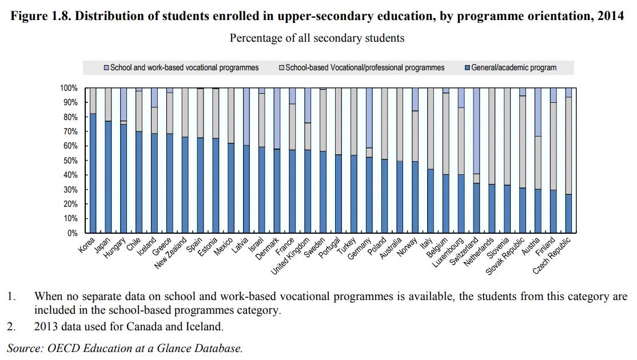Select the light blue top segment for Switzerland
pyautogui.click(x=476, y=130)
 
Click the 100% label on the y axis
pyautogui.click(x=69, y=88)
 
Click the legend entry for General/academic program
pyautogui.click(x=513, y=67)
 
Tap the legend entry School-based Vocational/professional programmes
pyautogui.click(x=364, y=67)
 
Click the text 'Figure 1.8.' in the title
pyautogui.click(x=41, y=16)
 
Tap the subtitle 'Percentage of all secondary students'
pyautogui.click(x=317, y=38)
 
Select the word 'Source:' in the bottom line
pyautogui.click(x=23, y=348)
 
